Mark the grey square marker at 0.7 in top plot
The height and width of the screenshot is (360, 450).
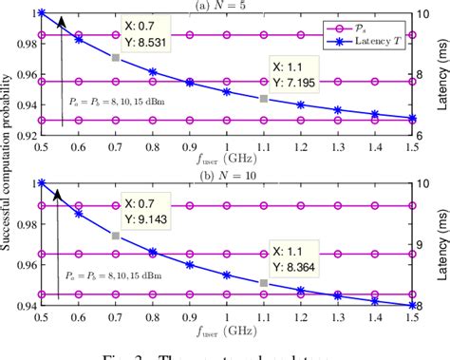[x=115, y=58]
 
